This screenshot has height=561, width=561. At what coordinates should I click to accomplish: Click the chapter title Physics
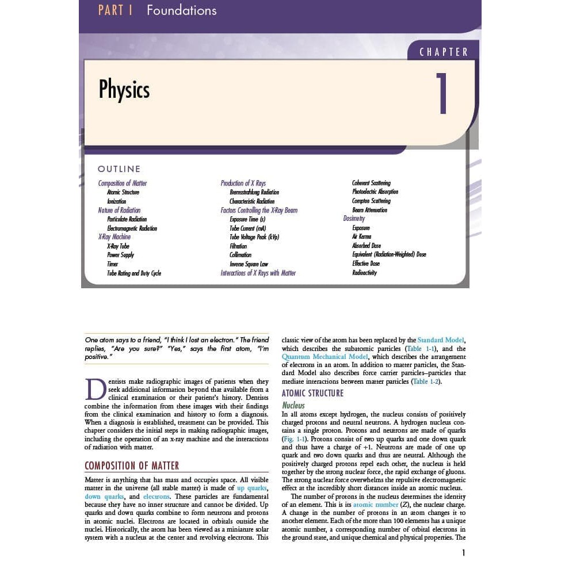(124, 90)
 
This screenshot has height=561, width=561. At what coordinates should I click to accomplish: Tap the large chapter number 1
(442, 94)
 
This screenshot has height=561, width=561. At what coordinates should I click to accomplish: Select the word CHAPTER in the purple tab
(444, 52)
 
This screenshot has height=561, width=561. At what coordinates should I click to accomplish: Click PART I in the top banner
(115, 10)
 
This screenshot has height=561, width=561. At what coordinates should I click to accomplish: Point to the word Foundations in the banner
(181, 10)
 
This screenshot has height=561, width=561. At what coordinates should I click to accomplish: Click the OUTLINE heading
(119, 169)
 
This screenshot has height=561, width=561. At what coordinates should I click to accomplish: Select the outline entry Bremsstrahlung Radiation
(254, 192)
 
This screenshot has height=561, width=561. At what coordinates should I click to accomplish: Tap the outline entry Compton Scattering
(371, 201)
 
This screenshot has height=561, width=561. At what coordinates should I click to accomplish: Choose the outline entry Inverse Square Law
(249, 264)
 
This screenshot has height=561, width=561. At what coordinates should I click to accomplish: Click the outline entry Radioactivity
(364, 273)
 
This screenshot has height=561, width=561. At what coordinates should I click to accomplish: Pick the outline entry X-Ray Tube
(118, 246)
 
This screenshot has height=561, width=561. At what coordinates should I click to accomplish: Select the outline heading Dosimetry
(354, 219)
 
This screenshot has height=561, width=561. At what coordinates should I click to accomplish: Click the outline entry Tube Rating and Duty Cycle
(134, 273)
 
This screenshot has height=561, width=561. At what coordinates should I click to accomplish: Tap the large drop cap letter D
(95, 390)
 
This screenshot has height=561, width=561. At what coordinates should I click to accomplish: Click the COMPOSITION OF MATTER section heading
(132, 465)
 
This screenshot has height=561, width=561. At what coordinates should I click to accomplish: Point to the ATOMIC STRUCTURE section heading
(312, 394)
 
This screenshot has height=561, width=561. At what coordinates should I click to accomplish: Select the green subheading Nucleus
(293, 405)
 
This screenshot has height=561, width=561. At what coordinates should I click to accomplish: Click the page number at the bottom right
(463, 553)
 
